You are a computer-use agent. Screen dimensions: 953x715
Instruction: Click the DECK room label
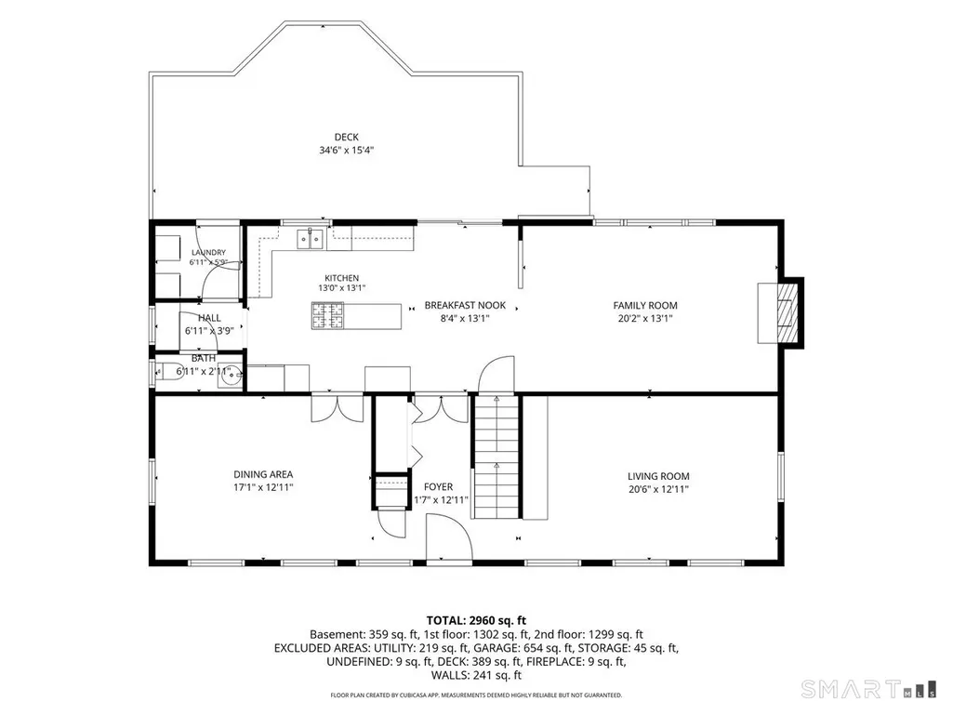tap(347, 138)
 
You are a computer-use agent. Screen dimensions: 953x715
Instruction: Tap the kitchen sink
tap(310, 239)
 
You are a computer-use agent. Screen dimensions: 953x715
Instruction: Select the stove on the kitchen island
tap(327, 315)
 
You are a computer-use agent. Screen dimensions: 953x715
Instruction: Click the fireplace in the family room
tap(781, 312)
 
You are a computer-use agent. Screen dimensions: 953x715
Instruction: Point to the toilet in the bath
tap(169, 372)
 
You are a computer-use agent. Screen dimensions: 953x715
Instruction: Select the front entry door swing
tap(448, 538)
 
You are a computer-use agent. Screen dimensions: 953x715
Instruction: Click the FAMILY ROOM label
tap(645, 306)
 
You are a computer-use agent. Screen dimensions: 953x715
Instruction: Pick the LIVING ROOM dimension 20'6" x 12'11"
tap(659, 489)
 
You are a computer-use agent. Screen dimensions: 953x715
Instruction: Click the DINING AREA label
tap(263, 474)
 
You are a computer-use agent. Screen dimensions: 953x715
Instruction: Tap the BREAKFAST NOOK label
tap(465, 305)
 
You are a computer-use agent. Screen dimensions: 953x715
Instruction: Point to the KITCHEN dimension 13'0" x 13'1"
tap(341, 288)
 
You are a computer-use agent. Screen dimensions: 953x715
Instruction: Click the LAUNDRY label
tap(208, 252)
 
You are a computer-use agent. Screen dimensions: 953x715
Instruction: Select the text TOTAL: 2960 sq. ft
tap(476, 621)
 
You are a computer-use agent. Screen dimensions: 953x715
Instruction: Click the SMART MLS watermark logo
tap(869, 690)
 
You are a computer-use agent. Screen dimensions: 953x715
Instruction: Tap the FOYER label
tap(438, 487)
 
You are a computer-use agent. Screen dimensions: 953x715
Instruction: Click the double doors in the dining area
tap(338, 408)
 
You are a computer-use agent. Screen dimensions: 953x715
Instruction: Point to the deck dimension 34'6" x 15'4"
tap(347, 151)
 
